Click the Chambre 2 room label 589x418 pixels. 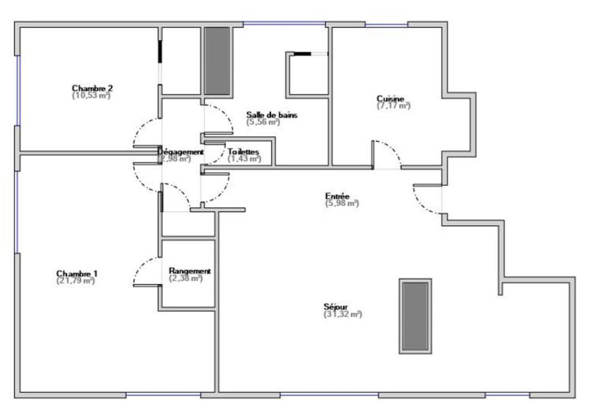pos(92,88)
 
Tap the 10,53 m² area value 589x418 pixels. pos(92,95)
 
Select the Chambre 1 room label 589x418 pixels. pos(77,273)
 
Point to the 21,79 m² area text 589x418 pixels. pos(77,280)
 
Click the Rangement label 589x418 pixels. pos(189,271)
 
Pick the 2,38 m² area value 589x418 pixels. pos(187,278)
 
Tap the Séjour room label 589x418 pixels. pos(341,306)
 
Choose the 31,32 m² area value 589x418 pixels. pos(342,314)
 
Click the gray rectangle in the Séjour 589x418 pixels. pos(415,315)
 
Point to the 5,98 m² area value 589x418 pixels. pos(342,203)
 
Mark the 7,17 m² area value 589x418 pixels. pos(393,106)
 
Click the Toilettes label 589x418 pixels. pos(244,151)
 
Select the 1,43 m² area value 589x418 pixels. pos(244,158)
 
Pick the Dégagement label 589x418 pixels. pos(180,151)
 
